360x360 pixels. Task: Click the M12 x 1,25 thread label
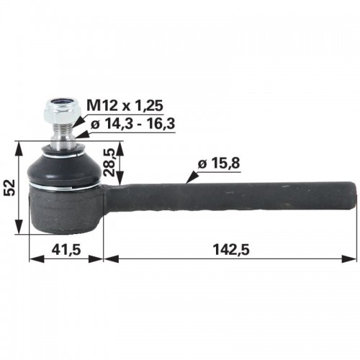coord(125,105)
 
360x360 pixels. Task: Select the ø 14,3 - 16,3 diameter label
coord(132,124)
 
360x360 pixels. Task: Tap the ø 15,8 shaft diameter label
coord(219,164)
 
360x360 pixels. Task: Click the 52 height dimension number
coord(10,187)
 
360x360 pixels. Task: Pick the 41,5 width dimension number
coord(66,249)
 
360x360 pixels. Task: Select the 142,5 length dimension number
coord(231,249)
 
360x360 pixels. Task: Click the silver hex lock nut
coord(59,109)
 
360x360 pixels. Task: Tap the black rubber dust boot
coord(63,168)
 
